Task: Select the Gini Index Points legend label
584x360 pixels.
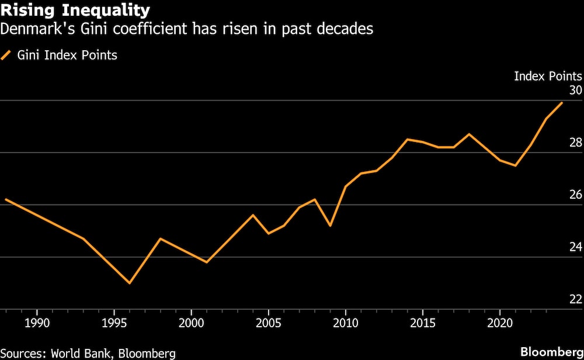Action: (x=66, y=56)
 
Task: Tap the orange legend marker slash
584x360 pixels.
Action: (x=7, y=56)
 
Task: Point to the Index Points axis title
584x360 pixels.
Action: (x=547, y=76)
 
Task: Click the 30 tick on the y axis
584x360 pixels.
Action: (x=575, y=91)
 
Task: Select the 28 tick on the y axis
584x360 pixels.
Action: (x=575, y=143)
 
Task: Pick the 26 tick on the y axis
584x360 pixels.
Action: (x=575, y=195)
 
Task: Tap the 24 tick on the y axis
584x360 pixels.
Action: (x=575, y=247)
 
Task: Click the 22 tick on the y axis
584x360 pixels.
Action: (x=575, y=299)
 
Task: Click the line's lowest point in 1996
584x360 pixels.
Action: (x=129, y=283)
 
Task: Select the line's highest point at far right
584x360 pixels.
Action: (x=562, y=103)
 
